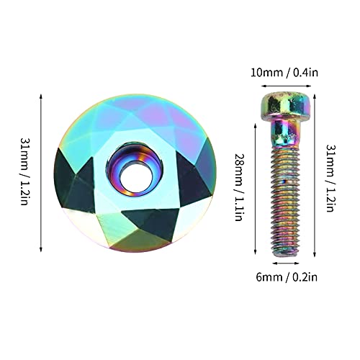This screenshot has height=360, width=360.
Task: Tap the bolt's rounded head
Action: point(286,104)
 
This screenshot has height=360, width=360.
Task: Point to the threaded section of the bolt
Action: point(286,202)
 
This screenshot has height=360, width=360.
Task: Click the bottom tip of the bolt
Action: point(286,257)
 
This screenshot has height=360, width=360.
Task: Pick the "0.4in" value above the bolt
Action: point(306,72)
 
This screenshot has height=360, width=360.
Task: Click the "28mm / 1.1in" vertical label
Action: point(239,187)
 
